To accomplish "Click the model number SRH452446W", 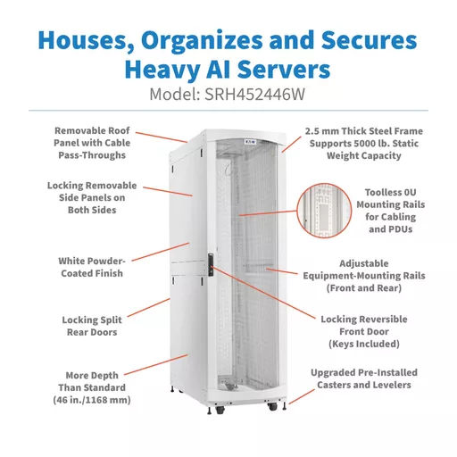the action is pos(254,95).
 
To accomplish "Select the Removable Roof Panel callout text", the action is pos(92,143).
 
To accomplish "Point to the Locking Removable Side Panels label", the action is pos(92,197).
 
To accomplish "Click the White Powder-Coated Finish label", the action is pos(92,267).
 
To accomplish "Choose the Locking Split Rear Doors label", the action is pos(92,326).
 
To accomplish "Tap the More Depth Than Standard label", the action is pos(92,387).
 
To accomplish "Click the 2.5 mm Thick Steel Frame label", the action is pos(364,143).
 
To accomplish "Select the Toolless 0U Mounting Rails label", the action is pos(391,211).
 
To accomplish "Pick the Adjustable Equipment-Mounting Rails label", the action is pos(364,276).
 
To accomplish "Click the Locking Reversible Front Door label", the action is pos(364,331).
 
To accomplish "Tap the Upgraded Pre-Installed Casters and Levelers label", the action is pos(364,378).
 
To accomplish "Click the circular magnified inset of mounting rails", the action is pos(324,211).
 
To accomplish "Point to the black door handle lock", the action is pos(211,265).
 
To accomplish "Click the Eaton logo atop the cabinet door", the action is pos(250,142).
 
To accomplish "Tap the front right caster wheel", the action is pos(272,406).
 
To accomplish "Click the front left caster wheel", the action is pos(220,410).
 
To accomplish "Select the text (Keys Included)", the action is pos(364,344).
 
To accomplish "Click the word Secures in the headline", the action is pos(369,40).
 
